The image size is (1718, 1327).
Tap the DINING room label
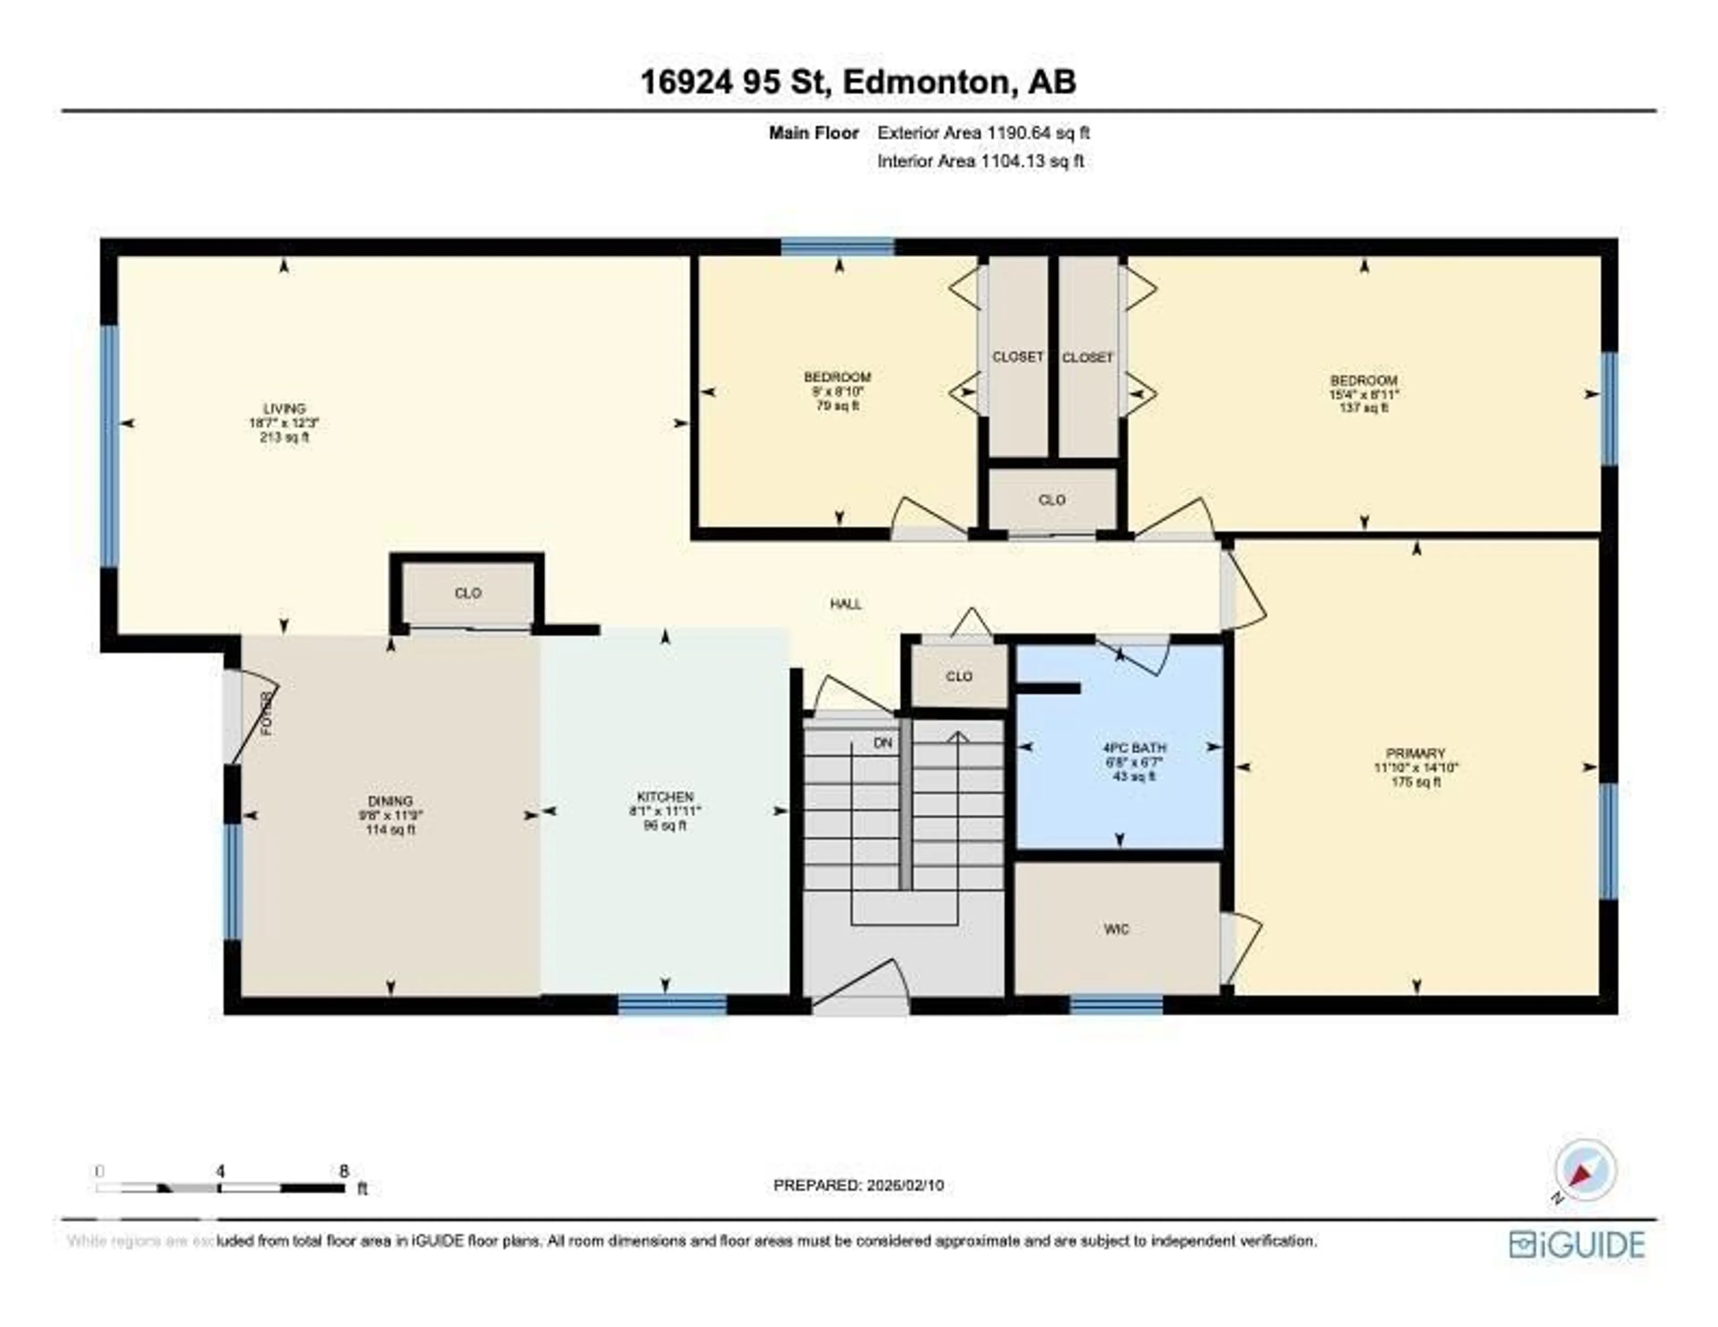(390, 801)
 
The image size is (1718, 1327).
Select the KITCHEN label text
(665, 797)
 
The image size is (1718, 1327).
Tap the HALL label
(846, 604)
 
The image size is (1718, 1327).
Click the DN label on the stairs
(883, 742)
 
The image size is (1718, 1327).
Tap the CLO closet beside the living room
(467, 593)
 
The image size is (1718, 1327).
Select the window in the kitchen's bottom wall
(672, 1005)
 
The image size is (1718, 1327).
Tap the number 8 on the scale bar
(343, 1171)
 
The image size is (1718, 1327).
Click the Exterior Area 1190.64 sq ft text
(983, 133)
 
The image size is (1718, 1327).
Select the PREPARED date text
(858, 1185)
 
